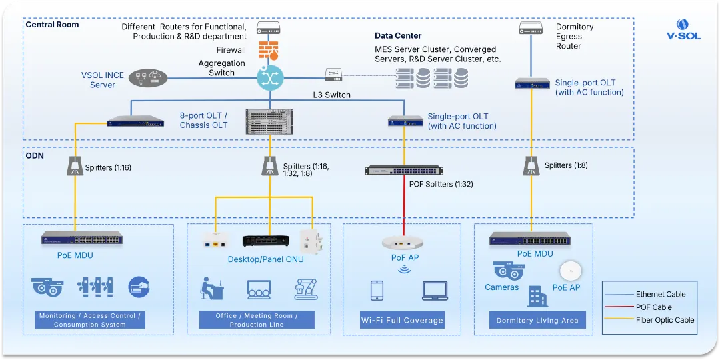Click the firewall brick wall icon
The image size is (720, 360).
click(269, 51)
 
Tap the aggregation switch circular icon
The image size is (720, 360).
click(270, 78)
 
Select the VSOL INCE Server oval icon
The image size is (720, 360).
click(147, 78)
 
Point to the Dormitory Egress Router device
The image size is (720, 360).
click(531, 28)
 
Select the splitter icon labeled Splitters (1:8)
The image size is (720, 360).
click(531, 165)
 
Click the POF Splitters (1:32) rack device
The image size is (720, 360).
click(404, 170)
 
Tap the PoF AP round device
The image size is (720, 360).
click(404, 243)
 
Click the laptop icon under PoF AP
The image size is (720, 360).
click(435, 291)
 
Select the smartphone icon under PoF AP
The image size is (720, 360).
click(377, 291)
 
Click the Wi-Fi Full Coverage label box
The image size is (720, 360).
click(402, 320)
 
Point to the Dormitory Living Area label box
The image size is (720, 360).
click(537, 320)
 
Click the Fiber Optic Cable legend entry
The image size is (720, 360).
click(664, 320)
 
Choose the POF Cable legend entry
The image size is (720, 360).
click(653, 307)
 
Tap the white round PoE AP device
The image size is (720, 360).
click(571, 271)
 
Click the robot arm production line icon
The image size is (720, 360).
click(307, 289)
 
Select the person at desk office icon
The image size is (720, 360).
click(212, 288)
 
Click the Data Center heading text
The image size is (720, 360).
click(398, 35)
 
